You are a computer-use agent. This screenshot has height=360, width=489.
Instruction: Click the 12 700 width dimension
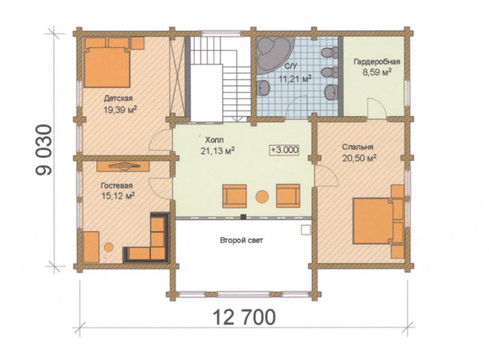pyautogui.click(x=244, y=317)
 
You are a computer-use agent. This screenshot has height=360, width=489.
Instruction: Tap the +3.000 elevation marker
pyautogui.click(x=284, y=150)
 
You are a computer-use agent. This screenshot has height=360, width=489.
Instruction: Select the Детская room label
pyautogui.click(x=118, y=98)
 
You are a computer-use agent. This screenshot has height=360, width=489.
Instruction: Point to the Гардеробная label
pyautogui.click(x=377, y=62)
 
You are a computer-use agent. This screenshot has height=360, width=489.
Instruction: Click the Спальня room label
pyautogui.click(x=358, y=147)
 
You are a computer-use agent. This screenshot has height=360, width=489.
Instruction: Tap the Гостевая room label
pyautogui.click(x=117, y=186)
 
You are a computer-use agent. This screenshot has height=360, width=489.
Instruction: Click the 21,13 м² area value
pyautogui.click(x=218, y=151)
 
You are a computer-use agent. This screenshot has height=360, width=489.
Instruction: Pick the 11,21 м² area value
pyautogui.click(x=295, y=78)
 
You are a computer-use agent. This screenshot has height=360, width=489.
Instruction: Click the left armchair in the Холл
pyautogui.click(x=235, y=196)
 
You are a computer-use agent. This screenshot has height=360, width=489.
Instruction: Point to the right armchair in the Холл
pyautogui.click(x=288, y=196)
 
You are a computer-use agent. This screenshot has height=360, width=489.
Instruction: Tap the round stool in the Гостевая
pyautogui.click(x=109, y=247)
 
